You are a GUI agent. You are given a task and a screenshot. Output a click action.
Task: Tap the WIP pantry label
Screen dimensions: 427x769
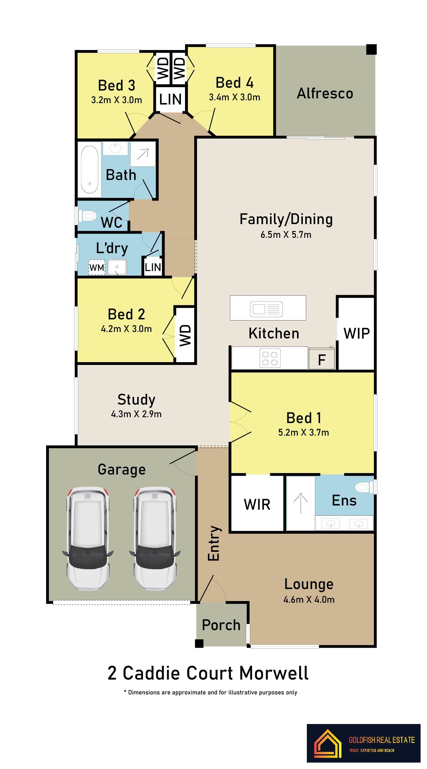pyautogui.click(x=357, y=333)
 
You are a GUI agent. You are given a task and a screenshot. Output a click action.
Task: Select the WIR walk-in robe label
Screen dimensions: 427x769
pyautogui.click(x=257, y=504)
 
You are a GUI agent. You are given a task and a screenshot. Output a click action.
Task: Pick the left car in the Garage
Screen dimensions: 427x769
pyautogui.click(x=87, y=538)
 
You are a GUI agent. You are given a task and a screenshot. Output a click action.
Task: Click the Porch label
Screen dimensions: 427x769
pyautogui.click(x=221, y=625)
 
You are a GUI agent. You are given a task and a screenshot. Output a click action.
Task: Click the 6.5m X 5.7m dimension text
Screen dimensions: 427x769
pyautogui.click(x=286, y=235)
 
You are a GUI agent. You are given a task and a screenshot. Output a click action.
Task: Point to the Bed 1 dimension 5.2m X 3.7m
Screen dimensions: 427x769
pyautogui.click(x=303, y=432)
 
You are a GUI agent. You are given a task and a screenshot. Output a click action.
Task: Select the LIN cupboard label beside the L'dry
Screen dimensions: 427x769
pyautogui.click(x=153, y=267)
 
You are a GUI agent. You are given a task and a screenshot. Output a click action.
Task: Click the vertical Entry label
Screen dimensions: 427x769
pyautogui.click(x=214, y=543)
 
